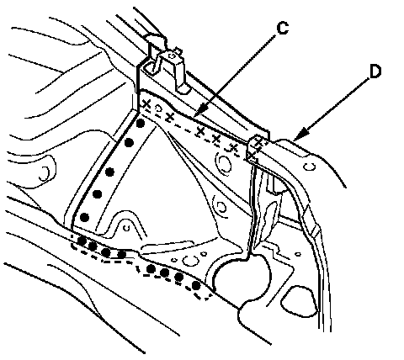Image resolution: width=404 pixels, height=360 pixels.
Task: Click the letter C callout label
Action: [x=282, y=28]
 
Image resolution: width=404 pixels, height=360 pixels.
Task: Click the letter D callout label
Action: [x=375, y=71]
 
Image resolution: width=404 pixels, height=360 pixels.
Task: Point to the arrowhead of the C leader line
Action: [x=199, y=113]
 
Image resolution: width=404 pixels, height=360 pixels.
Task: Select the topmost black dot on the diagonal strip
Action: [x=141, y=123]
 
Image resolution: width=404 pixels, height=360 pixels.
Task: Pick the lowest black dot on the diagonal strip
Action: [x=84, y=217]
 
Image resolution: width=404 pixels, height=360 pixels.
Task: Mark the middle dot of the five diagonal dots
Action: [x=110, y=172]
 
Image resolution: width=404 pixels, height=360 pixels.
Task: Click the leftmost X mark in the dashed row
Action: [x=146, y=104]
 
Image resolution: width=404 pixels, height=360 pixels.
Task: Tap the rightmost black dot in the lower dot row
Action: [x=196, y=286]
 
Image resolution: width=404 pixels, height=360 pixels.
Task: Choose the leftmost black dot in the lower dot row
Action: [x=82, y=241]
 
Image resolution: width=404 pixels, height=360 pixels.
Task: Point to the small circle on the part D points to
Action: [x=310, y=167]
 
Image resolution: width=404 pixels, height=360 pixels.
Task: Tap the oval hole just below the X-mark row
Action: [x=225, y=163]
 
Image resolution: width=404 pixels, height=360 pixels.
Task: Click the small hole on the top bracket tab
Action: [x=173, y=56]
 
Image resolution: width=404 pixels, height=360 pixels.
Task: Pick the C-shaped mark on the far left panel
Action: [x=45, y=174]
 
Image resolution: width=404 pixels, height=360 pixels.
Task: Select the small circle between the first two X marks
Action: [x=158, y=109]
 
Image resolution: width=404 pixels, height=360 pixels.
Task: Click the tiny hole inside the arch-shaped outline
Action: [x=126, y=228]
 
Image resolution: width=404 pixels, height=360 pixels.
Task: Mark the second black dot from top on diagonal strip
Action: [x=129, y=143]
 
